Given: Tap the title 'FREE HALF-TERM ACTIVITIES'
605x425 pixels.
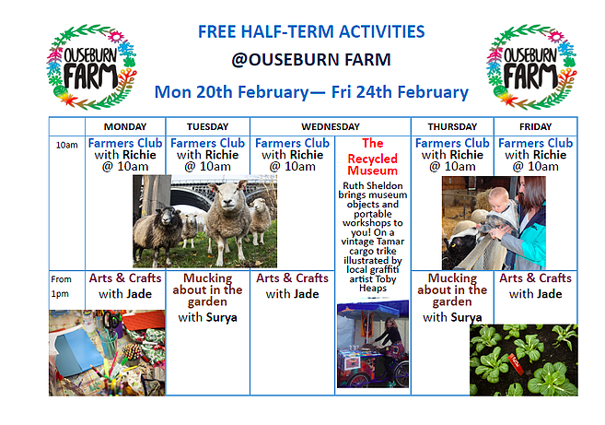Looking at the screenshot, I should [311, 32].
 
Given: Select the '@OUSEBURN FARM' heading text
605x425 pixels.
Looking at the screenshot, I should [311, 61].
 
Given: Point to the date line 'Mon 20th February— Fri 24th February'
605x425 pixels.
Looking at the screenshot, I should [311, 91].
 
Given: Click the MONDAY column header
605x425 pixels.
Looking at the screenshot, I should [125, 126].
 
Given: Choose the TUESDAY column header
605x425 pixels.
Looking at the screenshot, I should [207, 126].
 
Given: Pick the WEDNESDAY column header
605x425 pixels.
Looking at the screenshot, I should [330, 126].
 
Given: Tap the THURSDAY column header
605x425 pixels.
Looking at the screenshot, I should [451, 126].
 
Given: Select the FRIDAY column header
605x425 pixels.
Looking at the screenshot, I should [535, 126].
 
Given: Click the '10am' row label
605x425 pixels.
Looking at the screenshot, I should [66, 145].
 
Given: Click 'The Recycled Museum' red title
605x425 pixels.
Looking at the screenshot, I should [372, 157].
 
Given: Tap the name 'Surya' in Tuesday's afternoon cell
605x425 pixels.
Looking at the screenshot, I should [221, 317].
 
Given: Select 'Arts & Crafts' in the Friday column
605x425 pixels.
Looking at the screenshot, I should [535, 278].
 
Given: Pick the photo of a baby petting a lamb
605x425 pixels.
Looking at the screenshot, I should [494, 222].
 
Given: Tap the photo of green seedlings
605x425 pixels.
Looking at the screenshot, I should [523, 359].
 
